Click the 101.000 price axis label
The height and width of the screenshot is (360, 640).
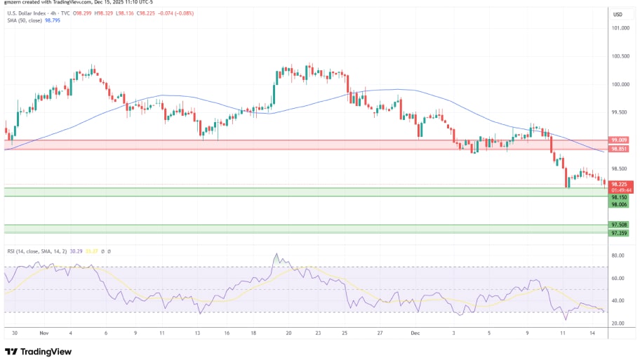coord(620,28)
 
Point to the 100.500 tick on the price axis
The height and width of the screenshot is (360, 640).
coord(620,56)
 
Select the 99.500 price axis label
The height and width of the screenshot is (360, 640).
coord(620,112)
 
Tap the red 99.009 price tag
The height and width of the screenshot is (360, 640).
coord(619,140)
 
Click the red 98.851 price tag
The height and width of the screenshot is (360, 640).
coord(619,149)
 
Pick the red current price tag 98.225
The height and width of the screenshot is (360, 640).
coord(619,184)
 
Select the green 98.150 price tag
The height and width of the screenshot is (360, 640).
coord(619,197)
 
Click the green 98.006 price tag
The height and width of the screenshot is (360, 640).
coord(619,204)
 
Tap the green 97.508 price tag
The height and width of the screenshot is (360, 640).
coord(619,225)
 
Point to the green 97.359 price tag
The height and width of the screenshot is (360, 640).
coord(619,233)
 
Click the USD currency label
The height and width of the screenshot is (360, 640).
coord(618,15)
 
